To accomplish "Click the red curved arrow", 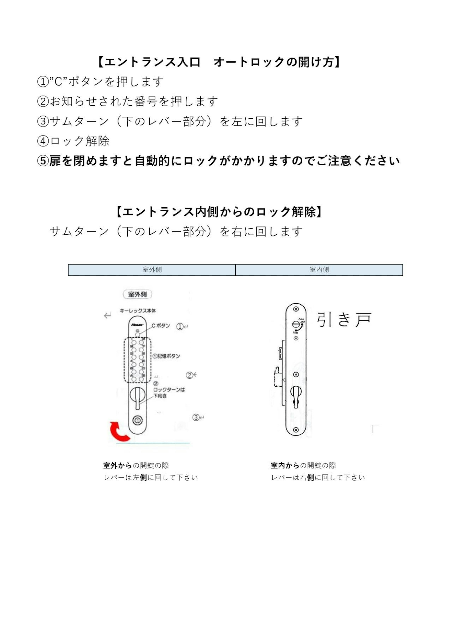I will (x=119, y=432).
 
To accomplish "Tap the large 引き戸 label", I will (x=344, y=319).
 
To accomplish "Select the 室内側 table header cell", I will (x=319, y=269).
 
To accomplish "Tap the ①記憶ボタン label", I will (x=166, y=356).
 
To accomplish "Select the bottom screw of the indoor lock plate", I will (x=296, y=430).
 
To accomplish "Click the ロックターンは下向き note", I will (x=169, y=393).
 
